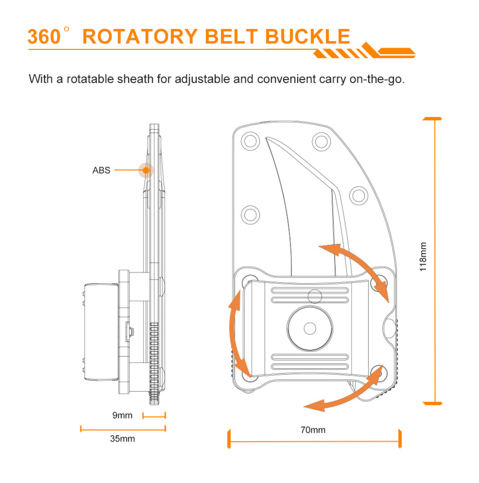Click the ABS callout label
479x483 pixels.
click(x=101, y=170)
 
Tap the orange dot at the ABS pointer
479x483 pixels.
click(x=146, y=170)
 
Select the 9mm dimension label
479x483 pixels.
click(x=122, y=415)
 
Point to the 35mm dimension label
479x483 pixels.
click(x=122, y=438)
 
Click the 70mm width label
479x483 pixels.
click(x=313, y=430)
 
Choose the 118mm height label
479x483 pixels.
click(x=423, y=256)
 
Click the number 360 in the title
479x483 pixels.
click(x=44, y=37)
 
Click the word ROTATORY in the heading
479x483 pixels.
click(x=140, y=37)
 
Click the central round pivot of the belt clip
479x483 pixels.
click(x=310, y=328)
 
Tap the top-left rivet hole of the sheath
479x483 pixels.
click(x=251, y=141)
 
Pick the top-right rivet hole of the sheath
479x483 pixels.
click(x=322, y=141)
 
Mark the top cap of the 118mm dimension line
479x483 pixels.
click(x=433, y=119)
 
